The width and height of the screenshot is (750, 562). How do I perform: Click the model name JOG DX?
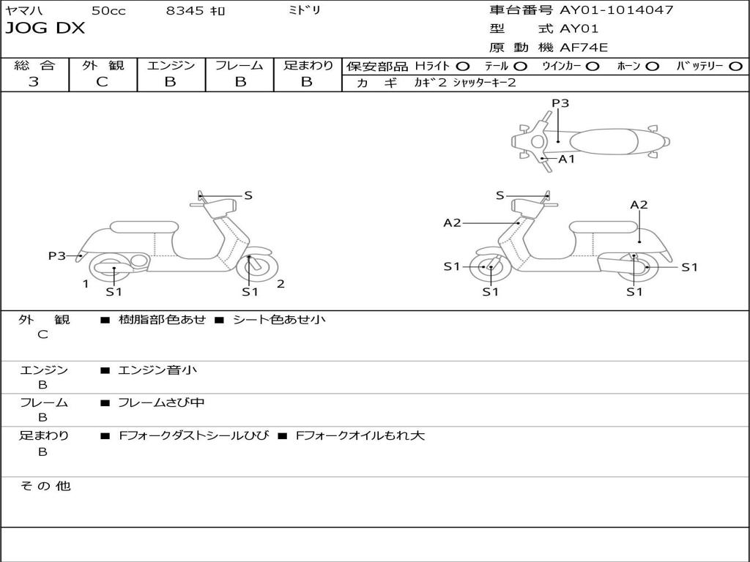point(45,29)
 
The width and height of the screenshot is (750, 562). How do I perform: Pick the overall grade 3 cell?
point(34,82)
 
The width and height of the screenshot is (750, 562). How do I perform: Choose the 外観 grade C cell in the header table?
point(102,82)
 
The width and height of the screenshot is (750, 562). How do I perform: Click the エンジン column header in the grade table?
point(171,65)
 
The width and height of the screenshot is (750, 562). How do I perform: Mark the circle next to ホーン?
point(652,66)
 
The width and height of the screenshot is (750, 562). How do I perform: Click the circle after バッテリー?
point(736,66)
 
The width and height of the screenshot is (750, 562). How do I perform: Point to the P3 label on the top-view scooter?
point(560,103)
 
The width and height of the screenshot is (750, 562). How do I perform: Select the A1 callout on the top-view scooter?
point(566,158)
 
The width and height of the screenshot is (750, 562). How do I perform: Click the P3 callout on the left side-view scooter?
point(57,255)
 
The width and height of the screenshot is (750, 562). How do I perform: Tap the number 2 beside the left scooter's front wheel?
point(281,284)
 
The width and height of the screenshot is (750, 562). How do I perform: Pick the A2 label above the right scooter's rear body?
point(639,205)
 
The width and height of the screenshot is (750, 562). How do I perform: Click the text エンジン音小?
point(157,370)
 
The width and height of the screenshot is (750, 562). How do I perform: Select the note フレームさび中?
point(161,402)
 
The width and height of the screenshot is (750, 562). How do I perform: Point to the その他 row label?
point(45,486)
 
